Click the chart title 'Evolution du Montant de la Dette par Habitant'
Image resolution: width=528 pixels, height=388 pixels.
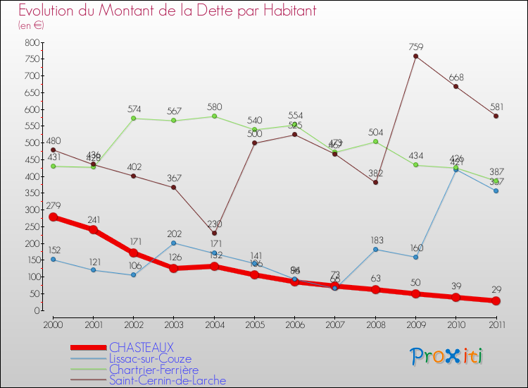(168, 11)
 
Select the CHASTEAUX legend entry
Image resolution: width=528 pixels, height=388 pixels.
(141, 348)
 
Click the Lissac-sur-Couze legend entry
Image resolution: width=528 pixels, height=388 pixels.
(149, 358)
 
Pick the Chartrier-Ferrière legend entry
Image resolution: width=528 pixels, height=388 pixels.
(153, 370)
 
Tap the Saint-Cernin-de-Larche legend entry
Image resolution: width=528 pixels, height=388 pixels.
(167, 381)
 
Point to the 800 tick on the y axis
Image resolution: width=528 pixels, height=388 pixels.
(31, 43)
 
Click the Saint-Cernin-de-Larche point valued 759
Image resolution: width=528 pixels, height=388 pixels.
(415, 56)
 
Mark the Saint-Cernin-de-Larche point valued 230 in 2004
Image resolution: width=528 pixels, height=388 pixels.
(214, 234)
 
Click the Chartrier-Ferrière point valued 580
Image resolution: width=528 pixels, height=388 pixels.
(214, 116)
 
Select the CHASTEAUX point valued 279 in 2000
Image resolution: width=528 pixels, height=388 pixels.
(53, 217)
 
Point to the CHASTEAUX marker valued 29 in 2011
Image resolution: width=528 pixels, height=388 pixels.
(496, 301)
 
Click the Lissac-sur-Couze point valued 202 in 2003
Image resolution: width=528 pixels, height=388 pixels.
(174, 243)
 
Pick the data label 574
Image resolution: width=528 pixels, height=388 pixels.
(134, 109)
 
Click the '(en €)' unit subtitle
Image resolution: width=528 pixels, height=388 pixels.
(31, 25)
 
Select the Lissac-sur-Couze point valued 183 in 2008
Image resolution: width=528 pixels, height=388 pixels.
(375, 249)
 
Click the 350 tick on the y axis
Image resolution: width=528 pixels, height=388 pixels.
(31, 193)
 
